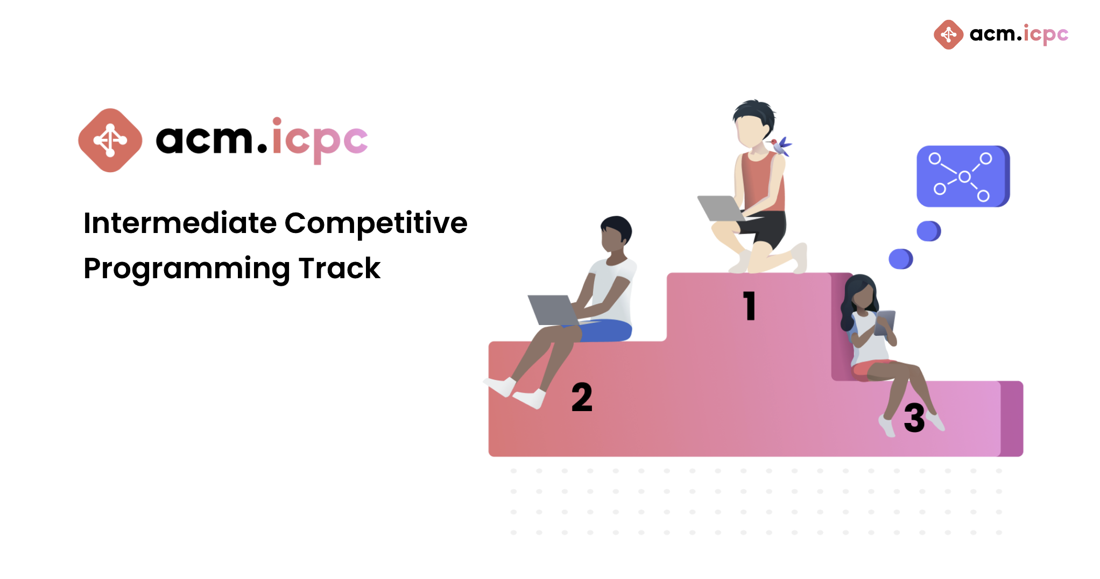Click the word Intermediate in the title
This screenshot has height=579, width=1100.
pyautogui.click(x=180, y=223)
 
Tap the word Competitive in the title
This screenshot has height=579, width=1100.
pyautogui.click(x=376, y=224)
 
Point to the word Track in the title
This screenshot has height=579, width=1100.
pyautogui.click(x=340, y=268)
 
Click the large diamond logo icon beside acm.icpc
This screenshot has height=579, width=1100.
pyautogui.click(x=110, y=140)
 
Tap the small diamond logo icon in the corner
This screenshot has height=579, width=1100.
pyautogui.click(x=948, y=34)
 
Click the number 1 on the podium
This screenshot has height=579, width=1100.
pyautogui.click(x=750, y=306)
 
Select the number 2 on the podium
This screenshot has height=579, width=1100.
pyautogui.click(x=582, y=397)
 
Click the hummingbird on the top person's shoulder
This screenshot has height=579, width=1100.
pyautogui.click(x=780, y=146)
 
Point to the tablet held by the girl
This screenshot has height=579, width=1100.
pyautogui.click(x=885, y=322)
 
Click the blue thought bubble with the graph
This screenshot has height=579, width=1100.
pyautogui.click(x=963, y=176)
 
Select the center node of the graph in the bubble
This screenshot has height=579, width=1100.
pyautogui.click(x=964, y=176)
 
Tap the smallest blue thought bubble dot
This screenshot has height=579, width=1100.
pyautogui.click(x=901, y=259)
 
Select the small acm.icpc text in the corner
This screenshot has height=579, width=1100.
pyautogui.click(x=1019, y=34)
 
